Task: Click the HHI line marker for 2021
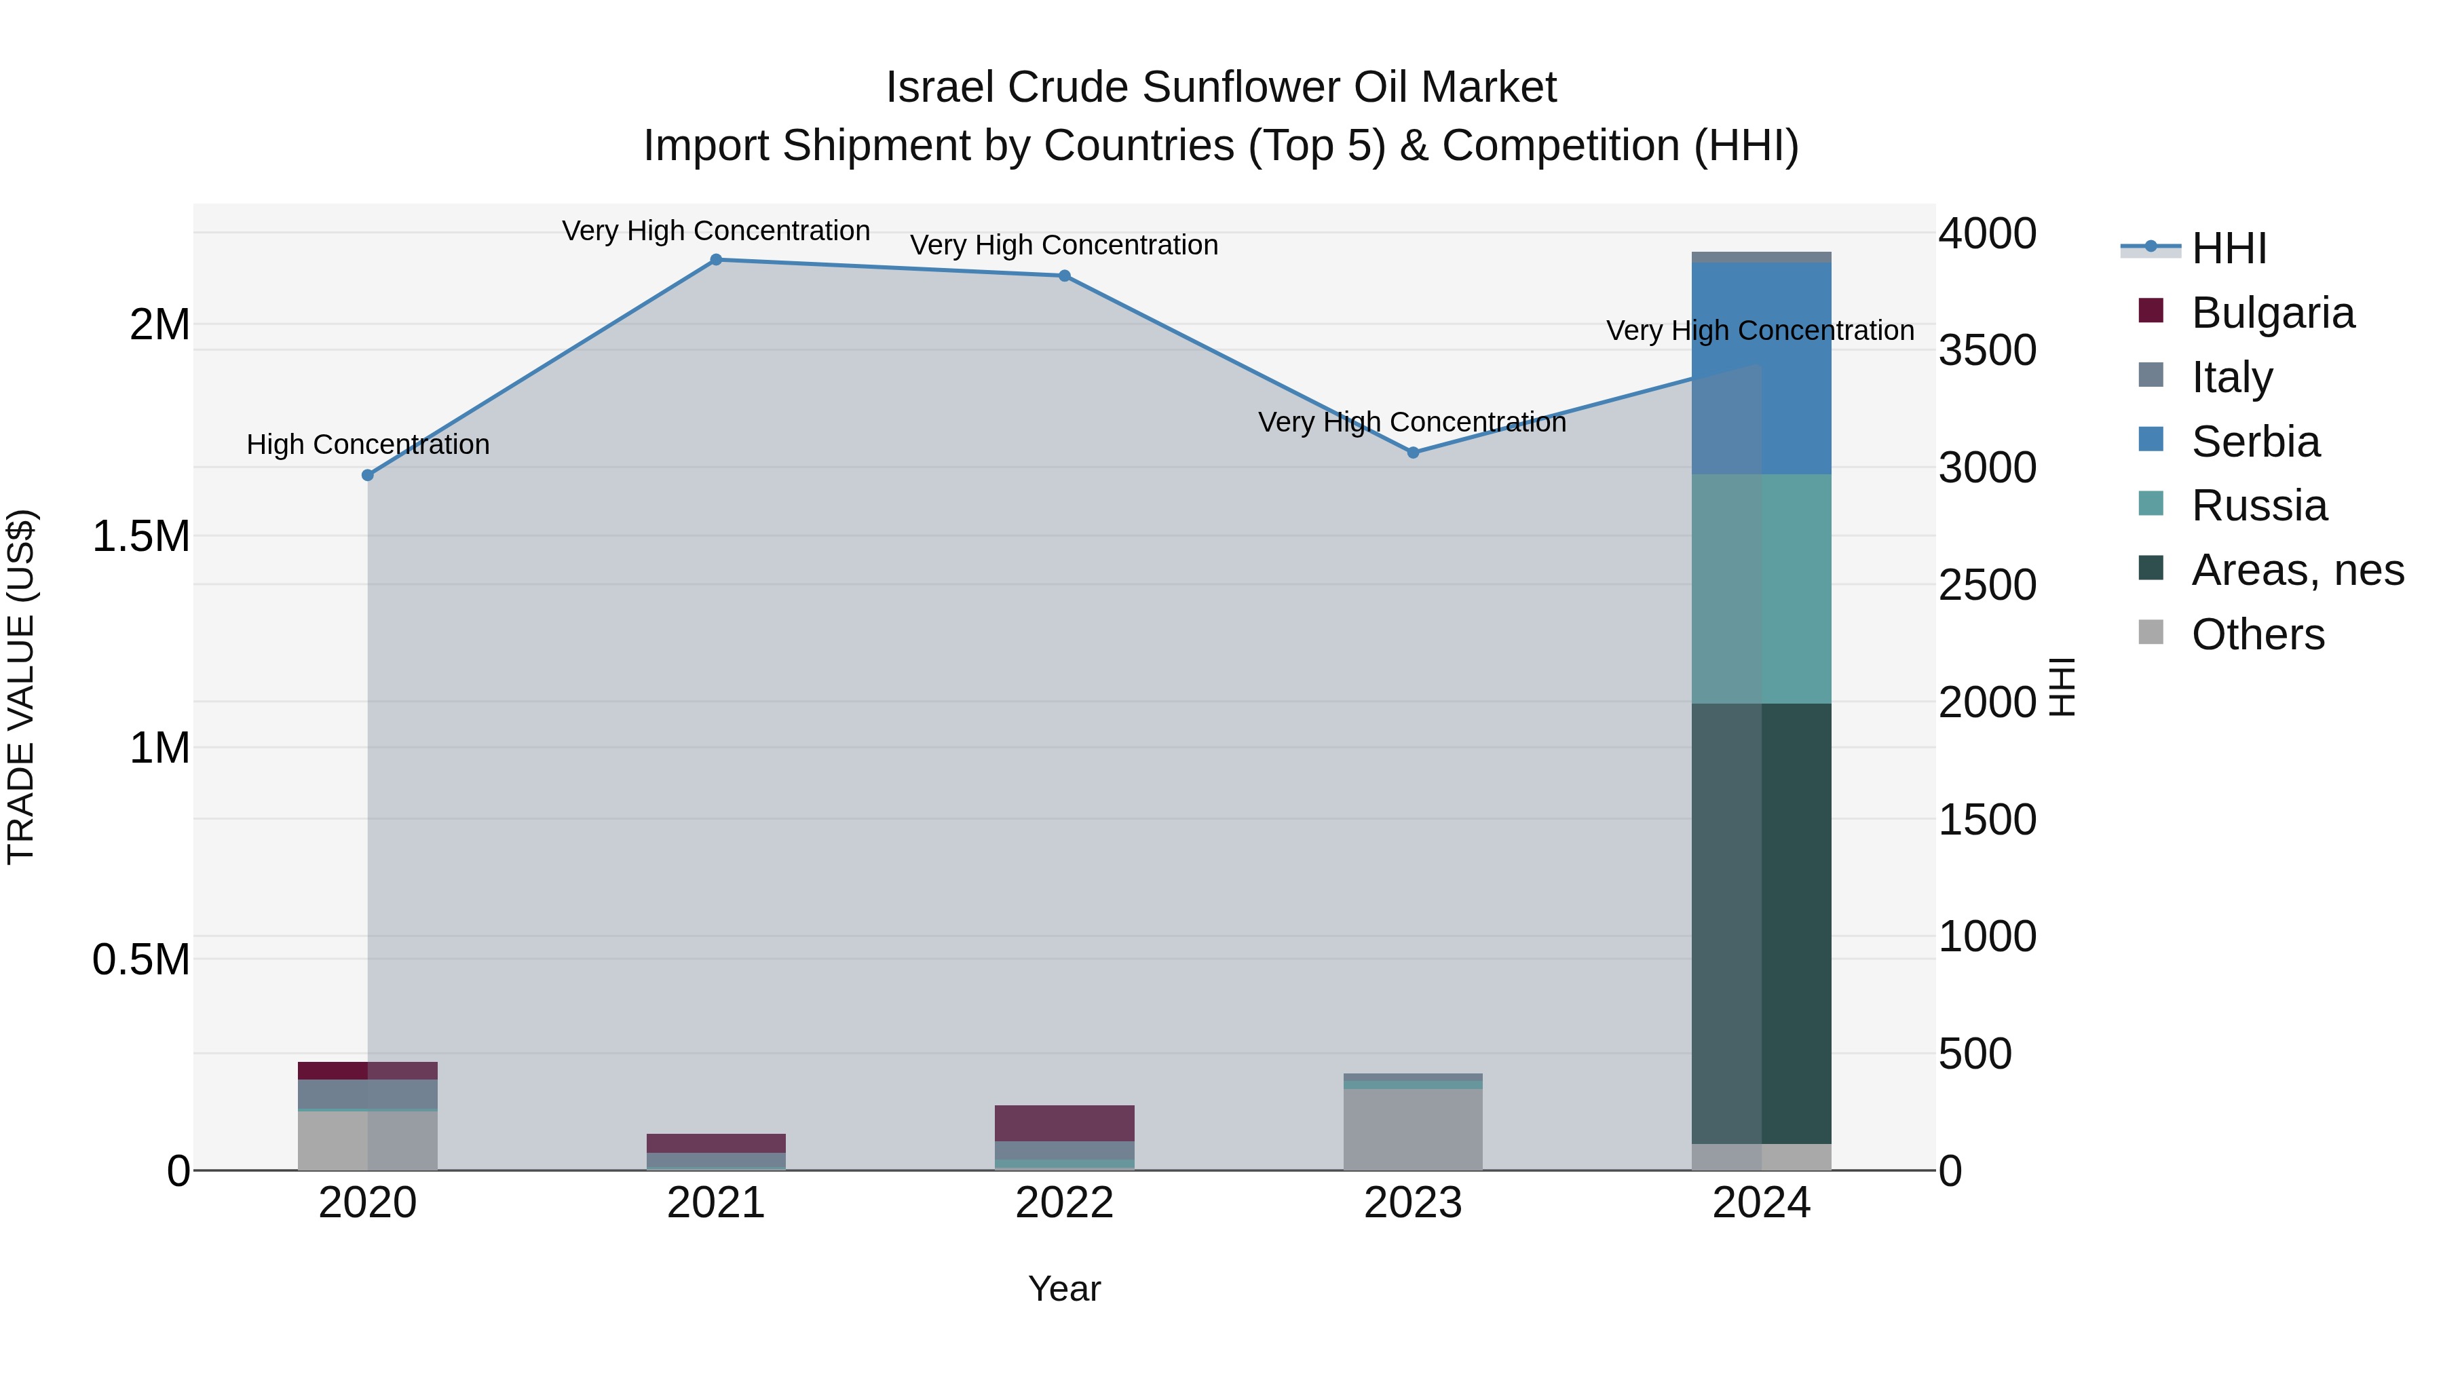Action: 716,260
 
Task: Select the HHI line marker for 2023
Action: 1413,453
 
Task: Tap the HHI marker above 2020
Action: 368,475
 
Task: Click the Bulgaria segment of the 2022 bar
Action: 1064,1123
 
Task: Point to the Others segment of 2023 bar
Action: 1413,1128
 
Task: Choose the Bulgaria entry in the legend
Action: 2272,313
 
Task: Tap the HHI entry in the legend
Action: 2229,248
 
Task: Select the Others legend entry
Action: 2257,634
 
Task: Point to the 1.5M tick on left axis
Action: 140,537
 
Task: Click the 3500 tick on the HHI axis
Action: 1987,351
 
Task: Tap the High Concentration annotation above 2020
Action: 368,444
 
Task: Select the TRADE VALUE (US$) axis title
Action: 21,687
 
